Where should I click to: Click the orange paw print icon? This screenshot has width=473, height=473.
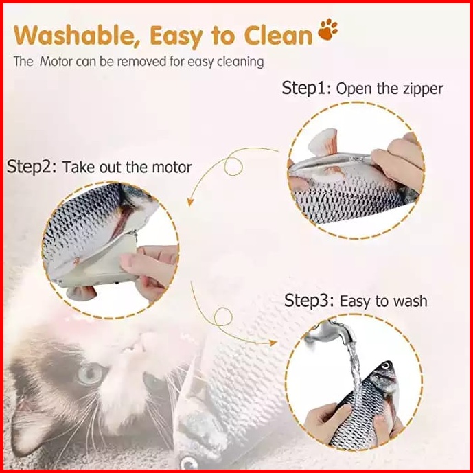click(328, 30)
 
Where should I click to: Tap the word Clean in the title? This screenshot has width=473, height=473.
click(278, 35)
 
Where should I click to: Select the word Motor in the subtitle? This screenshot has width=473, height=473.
click(56, 62)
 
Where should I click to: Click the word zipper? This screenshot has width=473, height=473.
click(423, 89)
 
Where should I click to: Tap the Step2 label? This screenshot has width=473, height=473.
click(32, 167)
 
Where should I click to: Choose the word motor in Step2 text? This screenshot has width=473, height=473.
click(172, 168)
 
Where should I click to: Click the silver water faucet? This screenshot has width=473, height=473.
click(331, 334)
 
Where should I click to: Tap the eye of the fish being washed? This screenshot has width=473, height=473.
click(385, 367)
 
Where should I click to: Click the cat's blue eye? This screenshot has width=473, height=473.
click(90, 372)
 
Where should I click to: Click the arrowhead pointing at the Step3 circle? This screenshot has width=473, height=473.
click(273, 343)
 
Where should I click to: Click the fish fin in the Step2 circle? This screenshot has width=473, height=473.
click(82, 293)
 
